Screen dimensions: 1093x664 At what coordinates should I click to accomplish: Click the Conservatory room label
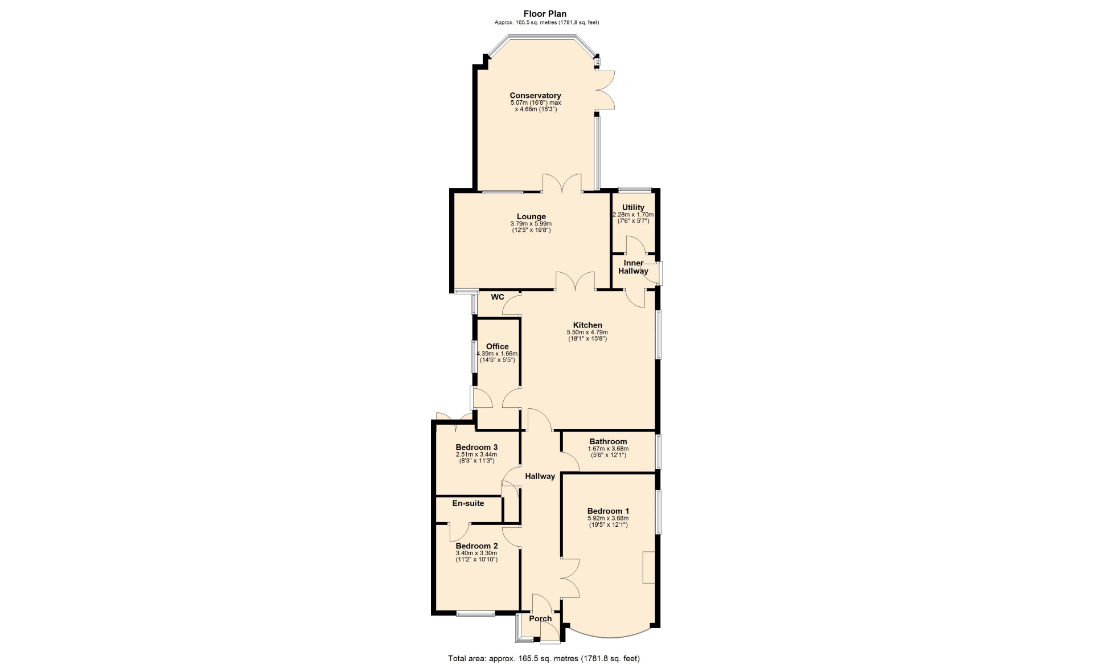(x=535, y=96)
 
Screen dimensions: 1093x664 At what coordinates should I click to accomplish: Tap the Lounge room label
(x=531, y=216)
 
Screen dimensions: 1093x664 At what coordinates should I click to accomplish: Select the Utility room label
(x=633, y=207)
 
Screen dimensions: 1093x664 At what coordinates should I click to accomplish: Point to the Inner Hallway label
(x=634, y=267)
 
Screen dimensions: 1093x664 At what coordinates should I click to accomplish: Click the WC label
(x=498, y=297)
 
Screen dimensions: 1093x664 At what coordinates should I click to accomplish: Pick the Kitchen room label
(x=587, y=325)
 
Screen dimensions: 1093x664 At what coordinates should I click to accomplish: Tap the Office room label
(x=497, y=346)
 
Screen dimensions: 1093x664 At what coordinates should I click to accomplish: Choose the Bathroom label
(x=608, y=441)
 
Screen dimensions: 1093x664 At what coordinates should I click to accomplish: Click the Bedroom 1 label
(x=608, y=511)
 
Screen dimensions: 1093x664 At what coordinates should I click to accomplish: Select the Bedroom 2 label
(x=476, y=546)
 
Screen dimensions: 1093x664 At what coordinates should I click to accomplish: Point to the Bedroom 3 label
(x=476, y=447)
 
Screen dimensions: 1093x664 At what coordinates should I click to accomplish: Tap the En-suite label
(x=468, y=503)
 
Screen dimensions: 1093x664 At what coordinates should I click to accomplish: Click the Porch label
(x=540, y=618)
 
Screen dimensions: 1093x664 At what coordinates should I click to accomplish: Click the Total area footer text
(x=544, y=658)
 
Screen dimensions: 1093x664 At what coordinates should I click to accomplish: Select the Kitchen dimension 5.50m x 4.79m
(x=587, y=333)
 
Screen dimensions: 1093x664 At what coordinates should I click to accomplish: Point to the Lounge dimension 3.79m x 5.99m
(x=531, y=224)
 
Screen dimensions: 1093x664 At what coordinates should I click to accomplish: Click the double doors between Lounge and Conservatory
(x=562, y=183)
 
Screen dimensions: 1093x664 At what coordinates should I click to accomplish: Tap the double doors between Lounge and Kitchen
(x=576, y=281)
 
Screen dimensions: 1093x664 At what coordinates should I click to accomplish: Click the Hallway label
(x=540, y=476)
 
